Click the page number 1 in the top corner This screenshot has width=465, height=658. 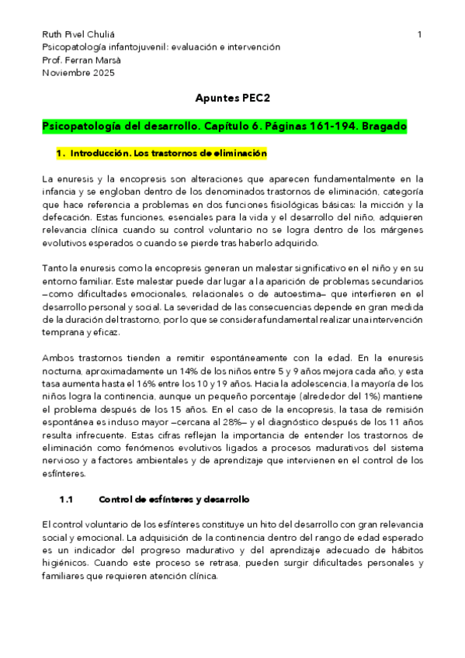click(419, 34)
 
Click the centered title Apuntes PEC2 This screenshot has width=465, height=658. click(231, 99)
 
